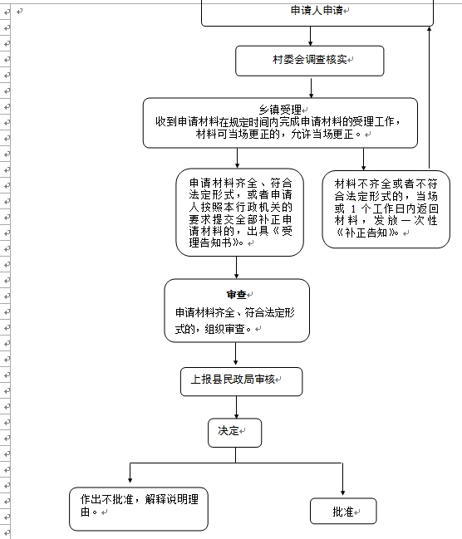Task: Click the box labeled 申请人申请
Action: (x=317, y=13)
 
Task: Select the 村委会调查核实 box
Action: (x=310, y=61)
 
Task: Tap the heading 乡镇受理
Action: (x=280, y=110)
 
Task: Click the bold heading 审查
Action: (x=236, y=295)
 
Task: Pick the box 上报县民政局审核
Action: (x=242, y=381)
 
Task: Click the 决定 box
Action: (x=234, y=433)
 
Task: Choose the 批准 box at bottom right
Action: (x=343, y=511)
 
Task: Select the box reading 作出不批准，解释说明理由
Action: (x=139, y=509)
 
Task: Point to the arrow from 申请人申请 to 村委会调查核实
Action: (x=310, y=36)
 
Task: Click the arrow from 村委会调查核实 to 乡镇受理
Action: (x=311, y=87)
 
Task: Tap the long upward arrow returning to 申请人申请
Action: (x=429, y=98)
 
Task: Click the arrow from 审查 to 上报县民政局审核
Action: (x=236, y=354)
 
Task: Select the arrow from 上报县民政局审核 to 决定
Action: (x=236, y=407)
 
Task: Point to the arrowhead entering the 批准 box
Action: (x=342, y=493)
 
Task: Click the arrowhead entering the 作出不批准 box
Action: (x=130, y=480)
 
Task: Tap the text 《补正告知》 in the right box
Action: (x=367, y=233)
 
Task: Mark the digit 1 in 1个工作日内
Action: (x=353, y=208)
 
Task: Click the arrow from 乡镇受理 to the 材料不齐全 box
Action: (x=363, y=159)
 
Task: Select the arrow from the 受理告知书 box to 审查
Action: (x=236, y=267)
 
